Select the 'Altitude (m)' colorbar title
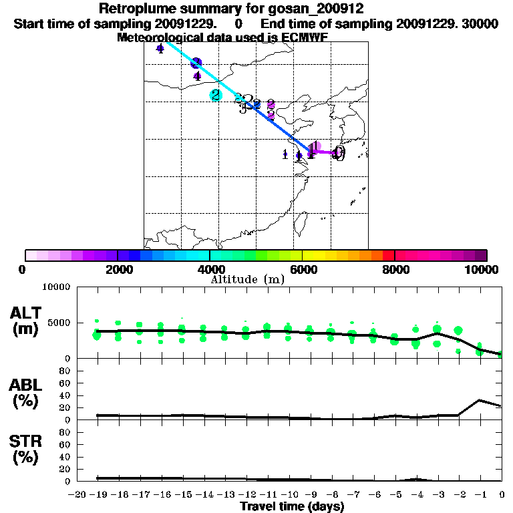tap(248, 279)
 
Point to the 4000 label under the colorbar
tap(209, 269)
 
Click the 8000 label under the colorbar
tap(395, 269)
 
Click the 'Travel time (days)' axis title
tap(292, 506)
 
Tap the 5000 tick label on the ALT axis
tap(58, 323)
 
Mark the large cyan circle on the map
tap(216, 95)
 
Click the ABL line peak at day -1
tap(480, 400)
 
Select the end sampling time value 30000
tap(480, 23)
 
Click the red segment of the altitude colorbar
tap(388, 255)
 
